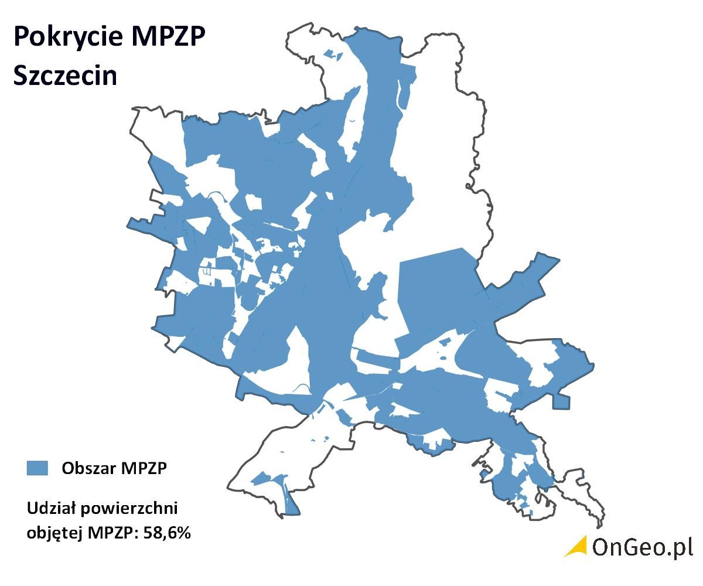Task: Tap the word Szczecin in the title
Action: [65, 76]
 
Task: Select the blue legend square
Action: [37, 468]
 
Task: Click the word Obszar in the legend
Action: [88, 468]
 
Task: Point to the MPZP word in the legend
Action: [144, 468]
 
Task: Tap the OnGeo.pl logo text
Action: [642, 547]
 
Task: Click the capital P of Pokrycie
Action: [22, 37]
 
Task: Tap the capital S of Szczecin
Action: [21, 76]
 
